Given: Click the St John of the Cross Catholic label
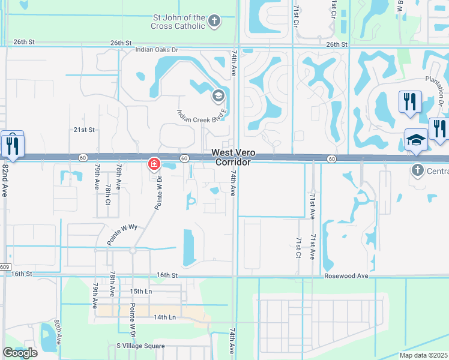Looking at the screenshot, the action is (178, 22).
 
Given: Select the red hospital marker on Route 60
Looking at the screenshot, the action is (154, 163).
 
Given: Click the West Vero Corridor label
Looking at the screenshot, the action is (234, 158).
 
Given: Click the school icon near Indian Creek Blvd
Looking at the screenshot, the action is (218, 95).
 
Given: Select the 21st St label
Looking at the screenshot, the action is (85, 130).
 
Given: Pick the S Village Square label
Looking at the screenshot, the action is (140, 346).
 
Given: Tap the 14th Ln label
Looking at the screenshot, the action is (164, 317).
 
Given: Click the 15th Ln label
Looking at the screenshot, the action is (141, 292).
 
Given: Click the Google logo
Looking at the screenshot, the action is (20, 353).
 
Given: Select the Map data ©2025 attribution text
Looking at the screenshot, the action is (424, 355).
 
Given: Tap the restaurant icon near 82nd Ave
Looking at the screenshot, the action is (12, 145).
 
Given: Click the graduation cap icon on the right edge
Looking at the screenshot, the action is (416, 140).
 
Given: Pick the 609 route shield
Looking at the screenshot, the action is (4, 267).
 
